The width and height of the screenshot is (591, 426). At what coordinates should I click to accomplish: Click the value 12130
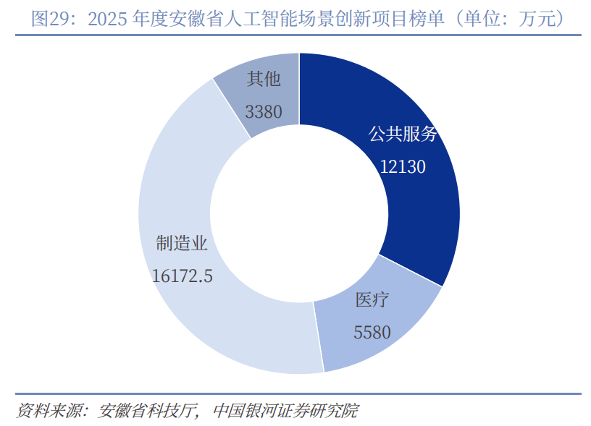(x=403, y=167)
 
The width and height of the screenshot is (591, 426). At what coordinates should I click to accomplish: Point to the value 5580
(x=372, y=332)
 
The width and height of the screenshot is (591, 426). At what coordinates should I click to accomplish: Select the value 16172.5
(x=182, y=276)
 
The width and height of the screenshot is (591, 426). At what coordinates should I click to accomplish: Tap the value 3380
(x=264, y=112)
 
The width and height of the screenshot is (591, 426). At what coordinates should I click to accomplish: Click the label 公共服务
(x=403, y=134)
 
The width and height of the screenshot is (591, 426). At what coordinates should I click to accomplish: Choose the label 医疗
(x=372, y=300)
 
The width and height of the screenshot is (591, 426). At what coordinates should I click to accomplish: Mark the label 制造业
(x=182, y=243)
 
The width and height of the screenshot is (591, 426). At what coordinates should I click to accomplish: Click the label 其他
(x=264, y=79)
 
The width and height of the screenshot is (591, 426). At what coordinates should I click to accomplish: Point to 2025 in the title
(x=107, y=19)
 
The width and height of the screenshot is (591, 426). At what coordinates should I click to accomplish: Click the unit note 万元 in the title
(x=537, y=18)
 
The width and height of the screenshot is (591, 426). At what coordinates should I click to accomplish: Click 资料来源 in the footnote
(x=49, y=411)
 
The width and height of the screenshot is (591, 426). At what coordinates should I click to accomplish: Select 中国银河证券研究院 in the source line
(x=285, y=411)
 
